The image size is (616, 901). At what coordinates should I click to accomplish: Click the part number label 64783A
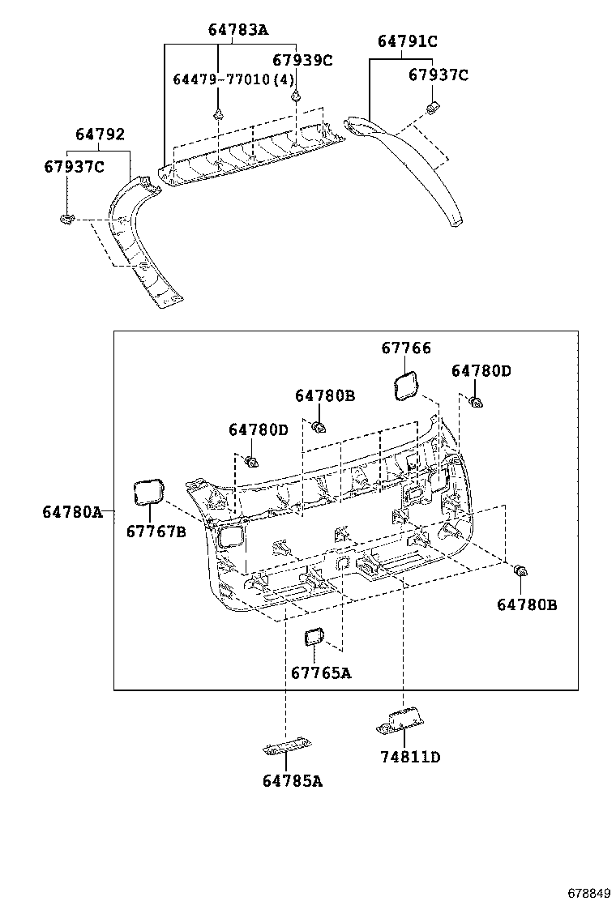[x=237, y=30]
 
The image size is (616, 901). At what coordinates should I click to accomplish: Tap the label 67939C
[x=302, y=60]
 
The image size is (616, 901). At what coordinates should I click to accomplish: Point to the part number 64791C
[x=408, y=41]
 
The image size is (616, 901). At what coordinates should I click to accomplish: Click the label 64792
[x=100, y=135]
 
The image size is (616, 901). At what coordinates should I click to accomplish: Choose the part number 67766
[x=406, y=348]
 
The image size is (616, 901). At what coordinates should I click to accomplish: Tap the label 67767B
[x=156, y=532]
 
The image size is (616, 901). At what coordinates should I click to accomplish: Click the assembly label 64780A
[x=73, y=511]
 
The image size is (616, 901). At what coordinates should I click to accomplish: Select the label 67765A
[x=321, y=673]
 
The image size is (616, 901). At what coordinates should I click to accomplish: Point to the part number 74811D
[x=410, y=757]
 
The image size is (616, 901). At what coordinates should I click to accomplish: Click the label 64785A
[x=293, y=781]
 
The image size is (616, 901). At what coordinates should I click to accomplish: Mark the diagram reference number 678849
[x=588, y=892]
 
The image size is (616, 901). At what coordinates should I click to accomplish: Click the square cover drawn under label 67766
[x=406, y=386]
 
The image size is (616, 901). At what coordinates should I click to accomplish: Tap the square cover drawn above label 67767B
[x=148, y=491]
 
